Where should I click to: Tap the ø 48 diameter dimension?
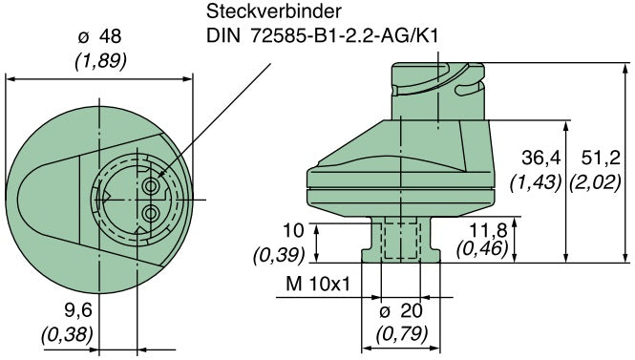pyautogui.click(x=101, y=36)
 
